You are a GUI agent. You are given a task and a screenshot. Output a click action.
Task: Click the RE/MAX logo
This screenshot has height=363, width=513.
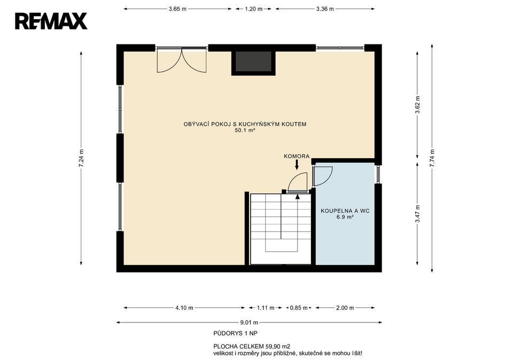(51, 21)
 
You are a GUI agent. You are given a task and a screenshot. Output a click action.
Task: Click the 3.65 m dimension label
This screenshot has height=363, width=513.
(177, 9)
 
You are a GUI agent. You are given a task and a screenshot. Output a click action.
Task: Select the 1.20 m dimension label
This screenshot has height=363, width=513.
(253, 9)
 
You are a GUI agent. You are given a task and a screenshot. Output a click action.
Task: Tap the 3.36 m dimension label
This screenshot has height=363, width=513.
(325, 9)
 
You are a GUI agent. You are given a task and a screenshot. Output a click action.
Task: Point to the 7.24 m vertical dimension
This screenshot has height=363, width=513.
(81, 158)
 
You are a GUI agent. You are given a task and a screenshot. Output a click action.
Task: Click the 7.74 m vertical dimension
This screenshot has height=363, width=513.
(432, 158)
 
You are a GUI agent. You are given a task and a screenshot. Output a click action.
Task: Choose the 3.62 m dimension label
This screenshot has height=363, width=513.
(417, 105)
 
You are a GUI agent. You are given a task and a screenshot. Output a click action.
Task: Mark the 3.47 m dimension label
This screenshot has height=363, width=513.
(417, 214)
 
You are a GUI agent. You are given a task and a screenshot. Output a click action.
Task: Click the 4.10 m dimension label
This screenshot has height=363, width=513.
(184, 308)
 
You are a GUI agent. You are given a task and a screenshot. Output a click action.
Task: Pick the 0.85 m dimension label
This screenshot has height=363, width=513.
(299, 308)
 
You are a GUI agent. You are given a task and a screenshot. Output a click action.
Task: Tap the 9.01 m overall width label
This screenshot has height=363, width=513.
(250, 322)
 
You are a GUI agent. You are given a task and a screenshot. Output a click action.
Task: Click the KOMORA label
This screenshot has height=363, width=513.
(297, 157)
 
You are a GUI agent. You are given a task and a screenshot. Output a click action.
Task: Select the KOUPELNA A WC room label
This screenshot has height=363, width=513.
(345, 211)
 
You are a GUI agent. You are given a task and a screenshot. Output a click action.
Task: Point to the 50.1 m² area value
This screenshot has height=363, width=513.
(245, 130)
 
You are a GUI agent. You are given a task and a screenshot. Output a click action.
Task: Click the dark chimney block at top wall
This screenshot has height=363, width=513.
(253, 61)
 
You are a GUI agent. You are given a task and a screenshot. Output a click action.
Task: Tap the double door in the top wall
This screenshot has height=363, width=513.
(182, 60)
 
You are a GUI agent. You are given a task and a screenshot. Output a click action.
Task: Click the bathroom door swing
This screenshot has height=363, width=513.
(323, 176)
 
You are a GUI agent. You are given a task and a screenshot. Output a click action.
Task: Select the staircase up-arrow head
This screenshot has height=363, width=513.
(298, 196)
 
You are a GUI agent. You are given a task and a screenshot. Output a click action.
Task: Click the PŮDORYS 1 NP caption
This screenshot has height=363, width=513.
(236, 333)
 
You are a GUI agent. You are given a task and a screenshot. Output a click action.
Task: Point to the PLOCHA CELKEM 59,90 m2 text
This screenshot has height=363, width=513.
(252, 346)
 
